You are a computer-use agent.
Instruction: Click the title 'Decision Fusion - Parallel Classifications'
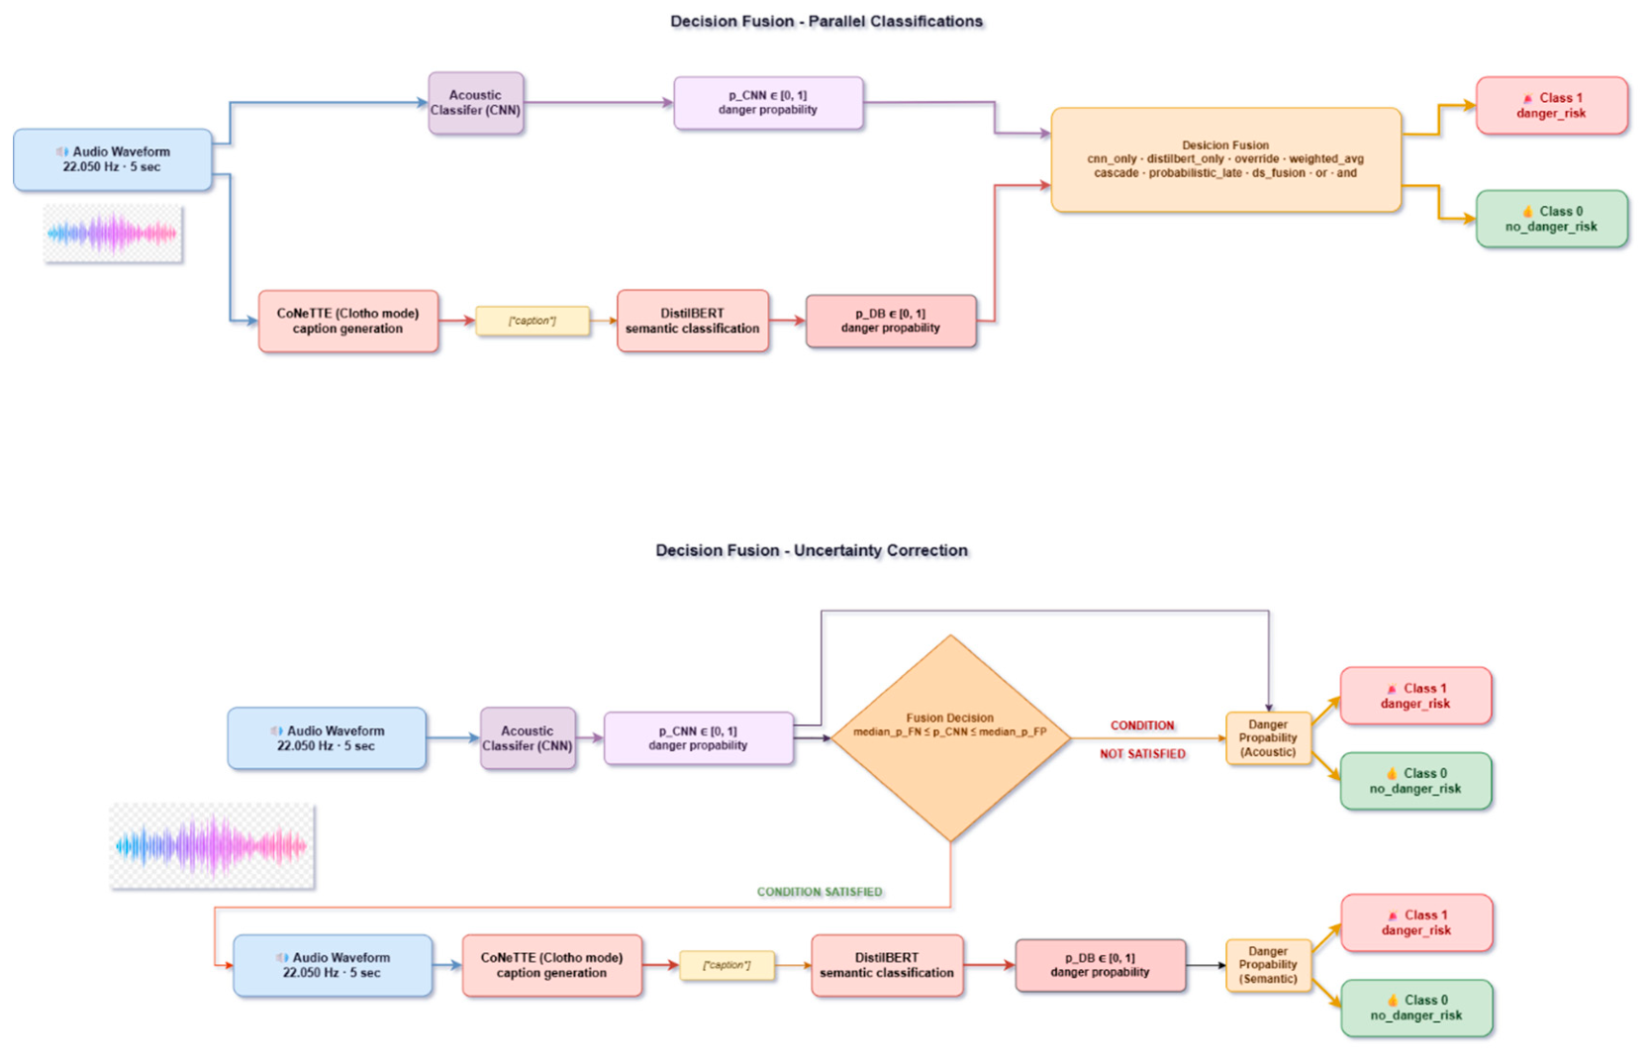(826, 22)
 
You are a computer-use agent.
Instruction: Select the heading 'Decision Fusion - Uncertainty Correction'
(812, 550)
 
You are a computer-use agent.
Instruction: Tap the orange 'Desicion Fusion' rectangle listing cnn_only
(1225, 160)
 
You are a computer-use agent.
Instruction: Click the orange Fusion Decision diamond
(950, 737)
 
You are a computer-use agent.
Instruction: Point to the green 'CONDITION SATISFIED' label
(820, 892)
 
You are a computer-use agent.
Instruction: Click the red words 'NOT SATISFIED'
(1142, 754)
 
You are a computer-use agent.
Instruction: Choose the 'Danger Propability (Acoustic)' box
(1268, 737)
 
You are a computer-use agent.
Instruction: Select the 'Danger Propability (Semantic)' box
(1268, 965)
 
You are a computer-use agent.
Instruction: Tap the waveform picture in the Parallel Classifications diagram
(112, 233)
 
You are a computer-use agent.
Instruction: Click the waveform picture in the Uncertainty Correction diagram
(212, 846)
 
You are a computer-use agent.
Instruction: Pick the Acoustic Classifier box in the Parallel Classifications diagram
(476, 103)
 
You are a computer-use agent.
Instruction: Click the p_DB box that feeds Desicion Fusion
(891, 321)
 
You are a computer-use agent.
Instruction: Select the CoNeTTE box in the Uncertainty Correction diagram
(552, 965)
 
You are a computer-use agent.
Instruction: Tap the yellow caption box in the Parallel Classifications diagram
(533, 321)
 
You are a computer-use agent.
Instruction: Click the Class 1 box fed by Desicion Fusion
(1551, 105)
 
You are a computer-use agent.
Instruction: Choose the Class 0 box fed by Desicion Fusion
(1551, 219)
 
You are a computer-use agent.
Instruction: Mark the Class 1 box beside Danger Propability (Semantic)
(1416, 922)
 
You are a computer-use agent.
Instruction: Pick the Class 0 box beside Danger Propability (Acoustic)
(1415, 781)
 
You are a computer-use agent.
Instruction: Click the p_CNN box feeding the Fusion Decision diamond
(699, 737)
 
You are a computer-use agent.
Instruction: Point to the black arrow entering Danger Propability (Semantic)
(1207, 965)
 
